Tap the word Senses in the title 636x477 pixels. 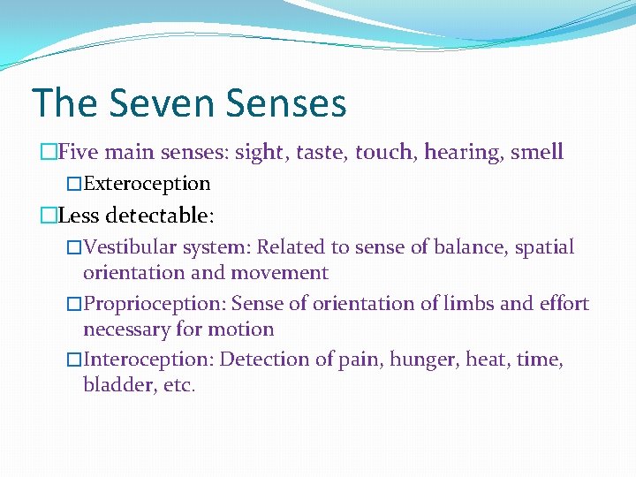point(285,103)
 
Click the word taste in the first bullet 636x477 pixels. point(322,152)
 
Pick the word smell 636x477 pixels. point(534,152)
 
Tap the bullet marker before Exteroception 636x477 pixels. point(74,184)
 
